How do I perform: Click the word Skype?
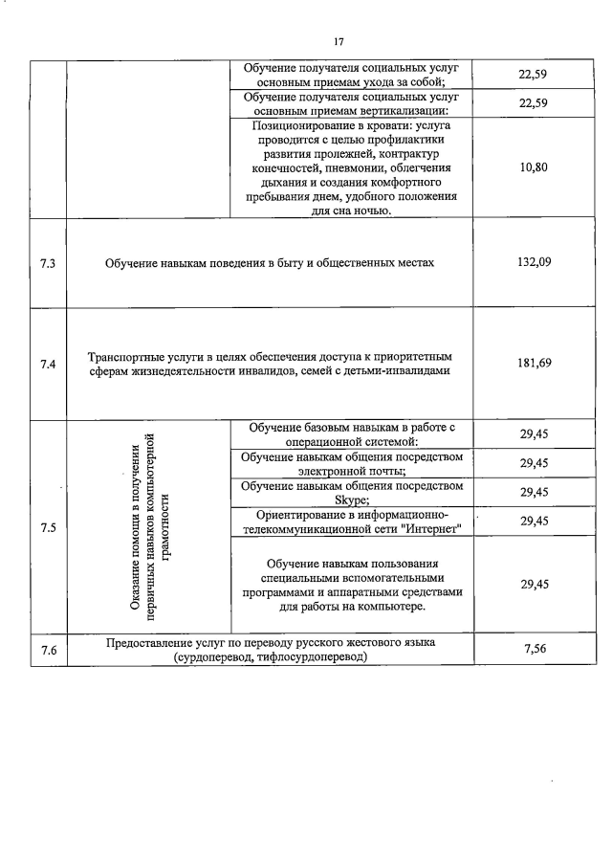[x=352, y=500]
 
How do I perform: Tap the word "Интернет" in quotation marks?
[x=432, y=529]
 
